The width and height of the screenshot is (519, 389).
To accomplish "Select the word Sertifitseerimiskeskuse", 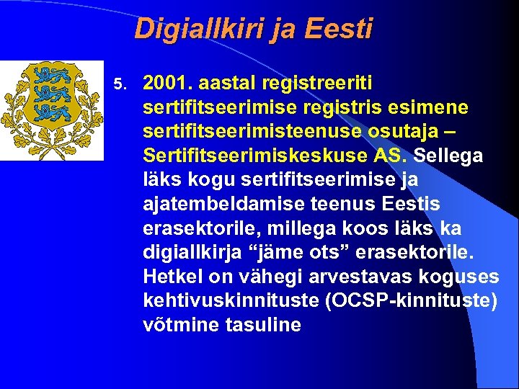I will [x=245, y=156].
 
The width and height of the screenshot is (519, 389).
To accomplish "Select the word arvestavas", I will [x=346, y=277].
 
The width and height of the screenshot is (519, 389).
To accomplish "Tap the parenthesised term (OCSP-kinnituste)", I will [x=412, y=300].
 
